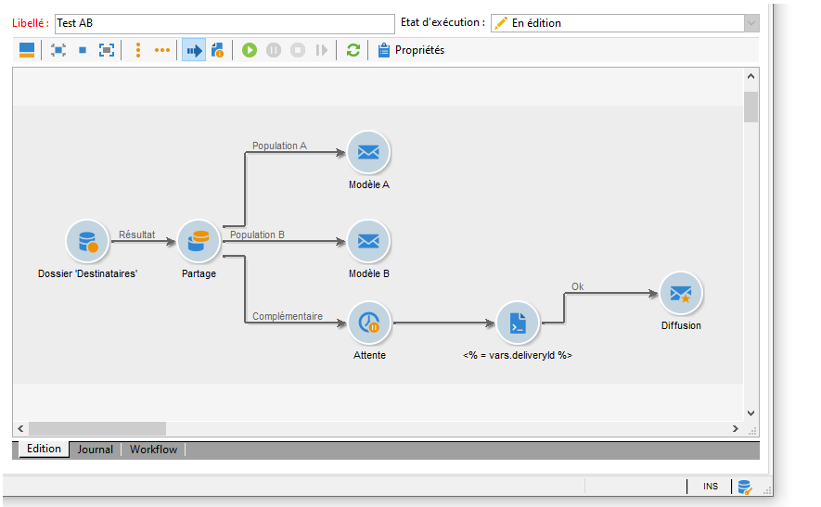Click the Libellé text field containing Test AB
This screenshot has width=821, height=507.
[224, 23]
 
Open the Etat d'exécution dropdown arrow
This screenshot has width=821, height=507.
[750, 23]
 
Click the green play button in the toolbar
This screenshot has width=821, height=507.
[250, 50]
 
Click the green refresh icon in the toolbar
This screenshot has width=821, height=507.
[353, 50]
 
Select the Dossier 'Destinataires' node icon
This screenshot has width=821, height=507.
[87, 242]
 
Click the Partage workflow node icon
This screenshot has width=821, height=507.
[199, 242]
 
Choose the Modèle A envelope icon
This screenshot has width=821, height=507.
[368, 153]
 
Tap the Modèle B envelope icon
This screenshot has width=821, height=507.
[368, 242]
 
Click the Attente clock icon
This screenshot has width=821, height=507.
[369, 323]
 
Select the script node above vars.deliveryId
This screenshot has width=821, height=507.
[517, 323]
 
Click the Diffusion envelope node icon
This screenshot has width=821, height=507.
[681, 294]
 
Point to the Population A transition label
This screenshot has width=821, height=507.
[279, 146]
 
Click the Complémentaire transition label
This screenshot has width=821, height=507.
[288, 317]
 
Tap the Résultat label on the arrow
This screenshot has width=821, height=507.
[137, 235]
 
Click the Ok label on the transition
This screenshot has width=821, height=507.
[578, 286]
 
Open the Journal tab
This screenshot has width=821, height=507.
[96, 450]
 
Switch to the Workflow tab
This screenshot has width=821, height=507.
[153, 450]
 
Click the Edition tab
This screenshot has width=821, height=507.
[44, 450]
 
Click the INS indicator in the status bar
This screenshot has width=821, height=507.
[710, 487]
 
